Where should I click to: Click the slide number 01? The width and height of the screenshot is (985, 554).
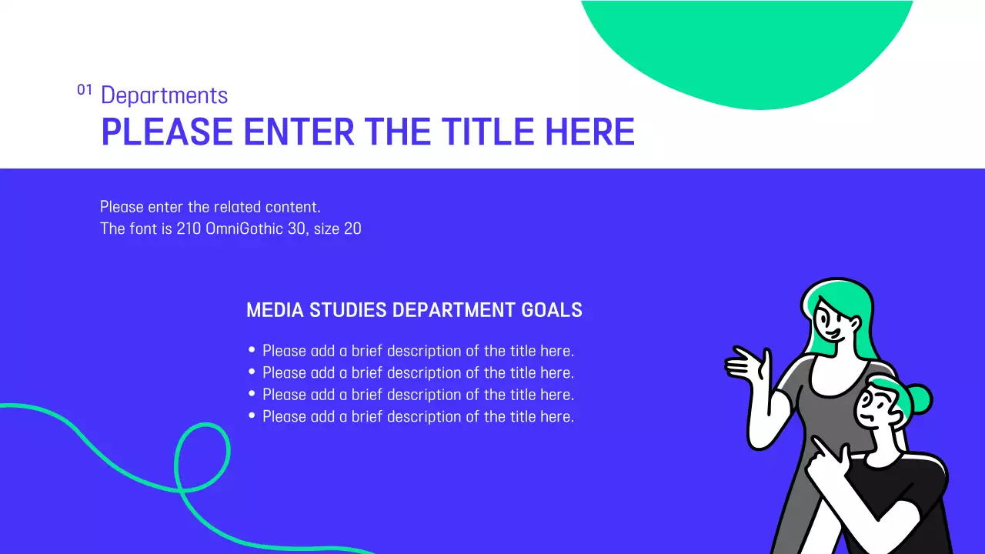point(85,90)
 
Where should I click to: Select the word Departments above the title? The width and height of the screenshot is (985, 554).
point(164,95)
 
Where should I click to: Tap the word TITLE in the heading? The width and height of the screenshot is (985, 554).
point(489,132)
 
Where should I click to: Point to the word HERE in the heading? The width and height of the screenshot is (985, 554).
point(590,132)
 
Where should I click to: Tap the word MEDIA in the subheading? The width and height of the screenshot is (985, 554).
point(275,310)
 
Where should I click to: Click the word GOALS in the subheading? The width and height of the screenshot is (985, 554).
point(552,310)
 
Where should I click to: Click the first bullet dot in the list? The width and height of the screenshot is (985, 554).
point(252,350)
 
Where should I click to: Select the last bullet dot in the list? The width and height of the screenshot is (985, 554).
point(252,415)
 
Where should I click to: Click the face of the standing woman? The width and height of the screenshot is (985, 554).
point(833,323)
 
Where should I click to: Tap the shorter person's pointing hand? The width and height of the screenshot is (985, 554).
point(825,459)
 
